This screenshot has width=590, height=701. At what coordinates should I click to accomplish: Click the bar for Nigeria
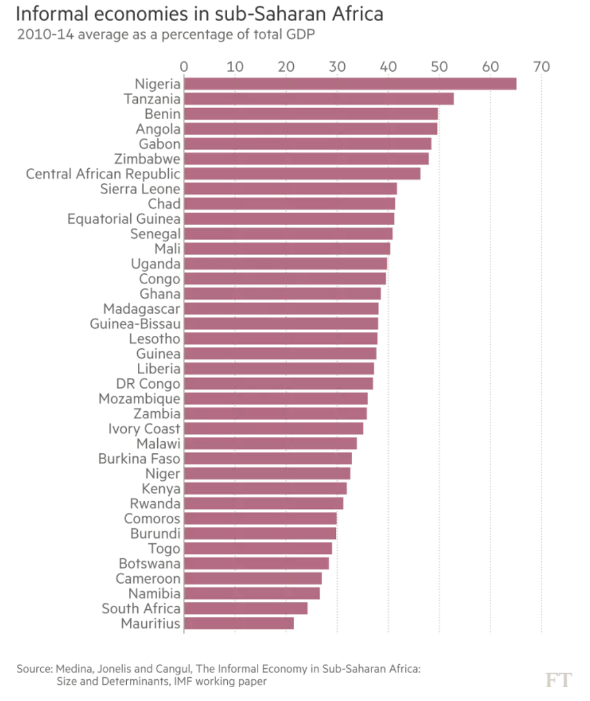coord(350,84)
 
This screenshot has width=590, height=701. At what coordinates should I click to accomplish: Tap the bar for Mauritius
coord(239,623)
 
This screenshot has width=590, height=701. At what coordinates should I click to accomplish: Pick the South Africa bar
coord(246,608)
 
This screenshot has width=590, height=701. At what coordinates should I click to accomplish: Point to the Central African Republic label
coord(103,174)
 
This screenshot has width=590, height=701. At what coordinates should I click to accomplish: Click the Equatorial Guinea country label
coord(124,219)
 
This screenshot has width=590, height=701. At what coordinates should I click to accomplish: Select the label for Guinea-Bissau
coord(135,324)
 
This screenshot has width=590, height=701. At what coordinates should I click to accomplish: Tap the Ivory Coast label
coord(144,429)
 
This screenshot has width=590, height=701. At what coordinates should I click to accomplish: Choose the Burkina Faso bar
coord(268,459)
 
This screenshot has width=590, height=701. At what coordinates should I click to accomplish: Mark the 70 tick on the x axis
coord(542,67)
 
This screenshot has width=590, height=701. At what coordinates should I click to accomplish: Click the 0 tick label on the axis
coord(184,67)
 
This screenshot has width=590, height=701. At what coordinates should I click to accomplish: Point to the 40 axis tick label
coord(388,67)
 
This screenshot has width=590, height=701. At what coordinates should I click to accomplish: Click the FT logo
coord(558,679)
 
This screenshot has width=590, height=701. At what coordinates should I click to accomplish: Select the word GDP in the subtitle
coord(300,34)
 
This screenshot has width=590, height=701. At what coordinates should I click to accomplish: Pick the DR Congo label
coord(148,384)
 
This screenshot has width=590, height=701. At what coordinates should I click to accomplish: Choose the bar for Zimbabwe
coord(307,159)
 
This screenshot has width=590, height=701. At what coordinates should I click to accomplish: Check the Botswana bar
coord(256,563)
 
